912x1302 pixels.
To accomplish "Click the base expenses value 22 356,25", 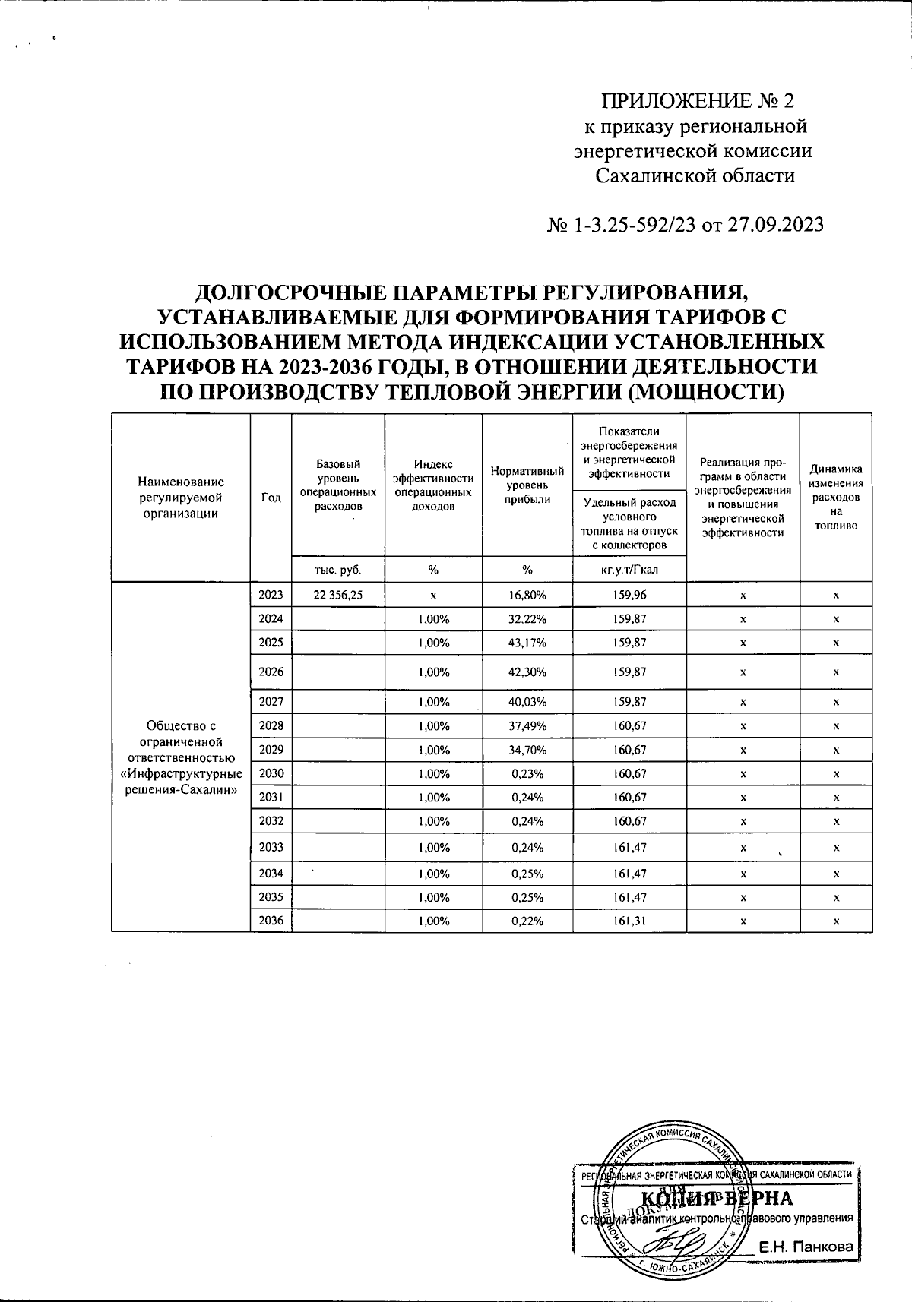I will coord(337,595).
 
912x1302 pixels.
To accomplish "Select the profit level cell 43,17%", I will coord(527,643).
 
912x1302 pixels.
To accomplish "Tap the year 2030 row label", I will coord(271,773).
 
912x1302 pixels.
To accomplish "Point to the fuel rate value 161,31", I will coord(629,921).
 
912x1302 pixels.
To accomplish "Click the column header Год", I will coord(271,497).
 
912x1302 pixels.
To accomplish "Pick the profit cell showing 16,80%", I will coord(527,595).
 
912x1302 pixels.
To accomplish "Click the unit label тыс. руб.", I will coord(337,570).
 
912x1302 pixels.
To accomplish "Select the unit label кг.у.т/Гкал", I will coord(629,570).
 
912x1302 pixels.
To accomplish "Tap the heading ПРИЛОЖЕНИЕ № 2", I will coord(697,101).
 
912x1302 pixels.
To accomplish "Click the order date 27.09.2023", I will coord(775,226).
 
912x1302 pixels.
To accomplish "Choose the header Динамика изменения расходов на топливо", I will coord(835,497).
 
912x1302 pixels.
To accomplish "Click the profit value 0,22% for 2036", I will coord(527,921).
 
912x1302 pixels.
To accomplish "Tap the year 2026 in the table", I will coord(271,672).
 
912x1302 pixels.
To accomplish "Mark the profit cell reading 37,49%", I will coord(527,725).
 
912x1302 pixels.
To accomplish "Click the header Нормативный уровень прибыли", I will coord(527,485).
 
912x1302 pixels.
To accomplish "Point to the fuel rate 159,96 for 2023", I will coord(629,595).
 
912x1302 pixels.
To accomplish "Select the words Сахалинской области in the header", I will coord(695,176).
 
